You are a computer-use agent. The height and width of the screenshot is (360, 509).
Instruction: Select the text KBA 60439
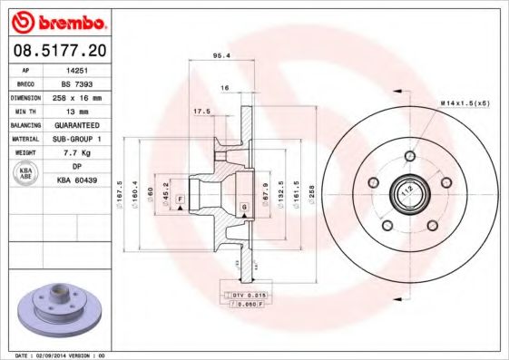pyautogui.click(x=76, y=180)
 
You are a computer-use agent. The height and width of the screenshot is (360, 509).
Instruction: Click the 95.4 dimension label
pyautogui.click(x=220, y=55)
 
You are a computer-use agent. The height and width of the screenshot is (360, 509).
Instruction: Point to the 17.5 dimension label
pyautogui.click(x=202, y=112)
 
